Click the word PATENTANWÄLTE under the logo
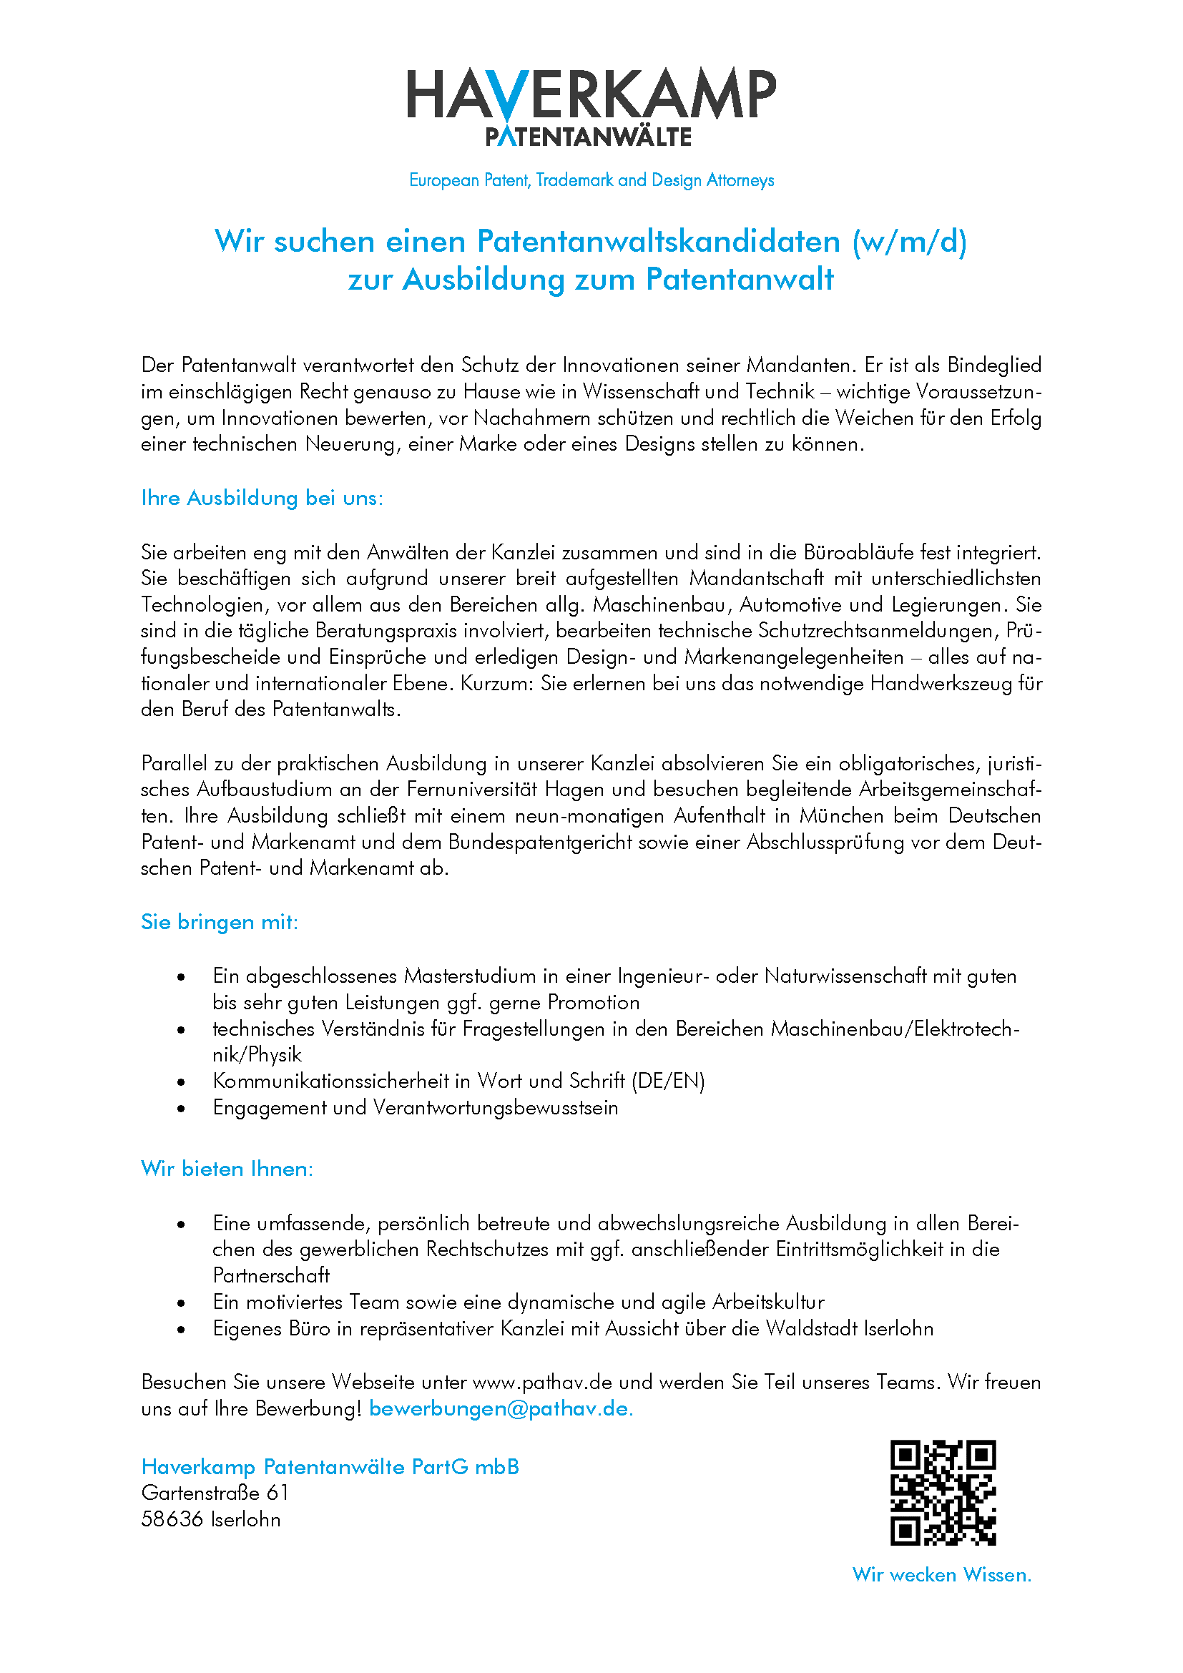point(589,137)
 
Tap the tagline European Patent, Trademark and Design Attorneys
point(591,180)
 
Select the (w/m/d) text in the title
point(909,242)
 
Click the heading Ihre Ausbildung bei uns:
point(262,499)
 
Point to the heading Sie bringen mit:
point(220,923)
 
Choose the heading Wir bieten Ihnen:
point(227,1169)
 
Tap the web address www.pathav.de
point(543,1383)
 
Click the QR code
point(943,1493)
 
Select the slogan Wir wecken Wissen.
point(942,1575)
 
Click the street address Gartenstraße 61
point(215,1493)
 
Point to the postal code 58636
point(172,1519)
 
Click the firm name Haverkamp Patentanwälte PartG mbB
point(330,1467)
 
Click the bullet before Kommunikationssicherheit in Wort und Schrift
point(182,1083)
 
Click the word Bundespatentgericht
point(541,843)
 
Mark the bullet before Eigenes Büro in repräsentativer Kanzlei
point(182,1330)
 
